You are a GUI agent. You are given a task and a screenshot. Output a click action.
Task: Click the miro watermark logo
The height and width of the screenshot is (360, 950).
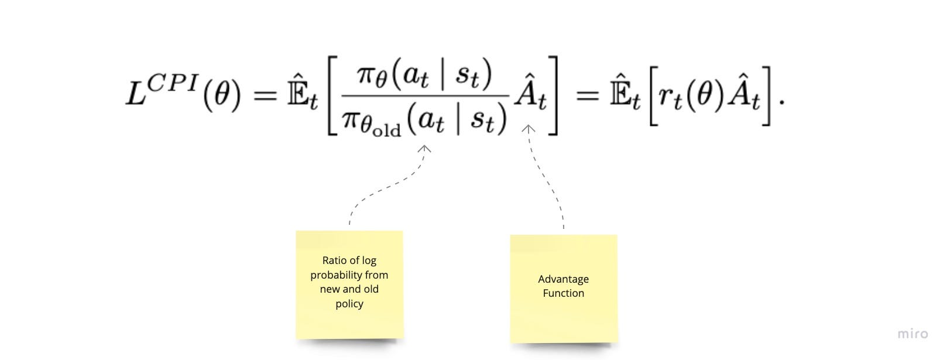click(x=913, y=334)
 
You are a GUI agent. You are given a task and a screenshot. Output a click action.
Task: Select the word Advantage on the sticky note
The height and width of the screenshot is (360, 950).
click(x=563, y=279)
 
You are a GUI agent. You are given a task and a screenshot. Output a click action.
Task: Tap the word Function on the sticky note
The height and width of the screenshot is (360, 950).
click(x=563, y=293)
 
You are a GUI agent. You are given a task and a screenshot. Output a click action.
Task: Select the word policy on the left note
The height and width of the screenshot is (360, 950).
click(x=349, y=304)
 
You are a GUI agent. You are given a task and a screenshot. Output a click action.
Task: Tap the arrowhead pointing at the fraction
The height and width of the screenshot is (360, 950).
click(x=424, y=149)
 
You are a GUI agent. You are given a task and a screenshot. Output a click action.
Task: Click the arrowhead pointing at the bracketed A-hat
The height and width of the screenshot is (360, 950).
click(x=528, y=128)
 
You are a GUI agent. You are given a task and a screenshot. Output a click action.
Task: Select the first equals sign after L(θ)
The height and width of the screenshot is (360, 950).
click(x=265, y=95)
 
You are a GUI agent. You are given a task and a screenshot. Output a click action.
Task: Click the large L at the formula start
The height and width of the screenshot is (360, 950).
click(x=136, y=93)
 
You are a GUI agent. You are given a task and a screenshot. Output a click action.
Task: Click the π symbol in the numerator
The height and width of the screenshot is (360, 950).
click(x=365, y=74)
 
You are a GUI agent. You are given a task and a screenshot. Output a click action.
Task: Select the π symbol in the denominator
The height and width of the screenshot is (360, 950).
click(x=350, y=119)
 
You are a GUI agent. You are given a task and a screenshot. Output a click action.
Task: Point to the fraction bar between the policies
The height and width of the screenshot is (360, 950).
click(x=425, y=96)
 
